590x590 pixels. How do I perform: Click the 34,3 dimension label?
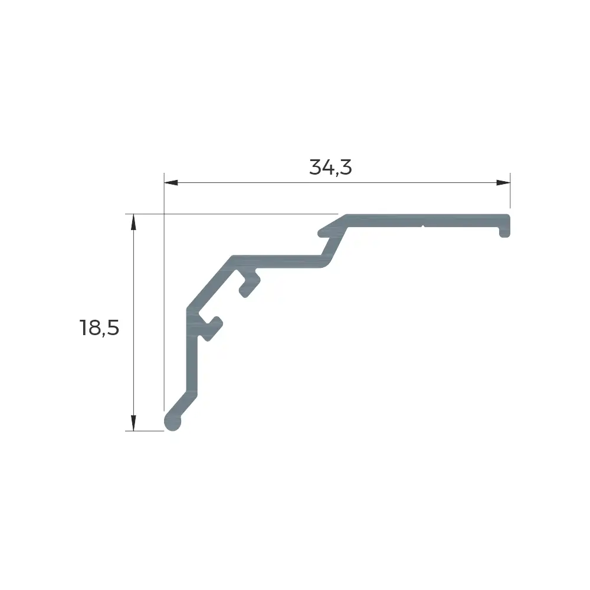(330, 168)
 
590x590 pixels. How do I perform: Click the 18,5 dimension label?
(99, 327)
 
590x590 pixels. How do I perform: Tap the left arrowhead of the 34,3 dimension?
(171, 183)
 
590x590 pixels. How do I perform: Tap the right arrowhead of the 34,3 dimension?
(503, 183)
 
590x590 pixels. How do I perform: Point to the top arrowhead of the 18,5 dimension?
(133, 221)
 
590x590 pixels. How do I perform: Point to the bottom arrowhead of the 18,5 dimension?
(133, 423)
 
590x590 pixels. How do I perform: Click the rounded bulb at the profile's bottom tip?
(173, 422)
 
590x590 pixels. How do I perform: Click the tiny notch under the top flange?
(423, 227)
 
